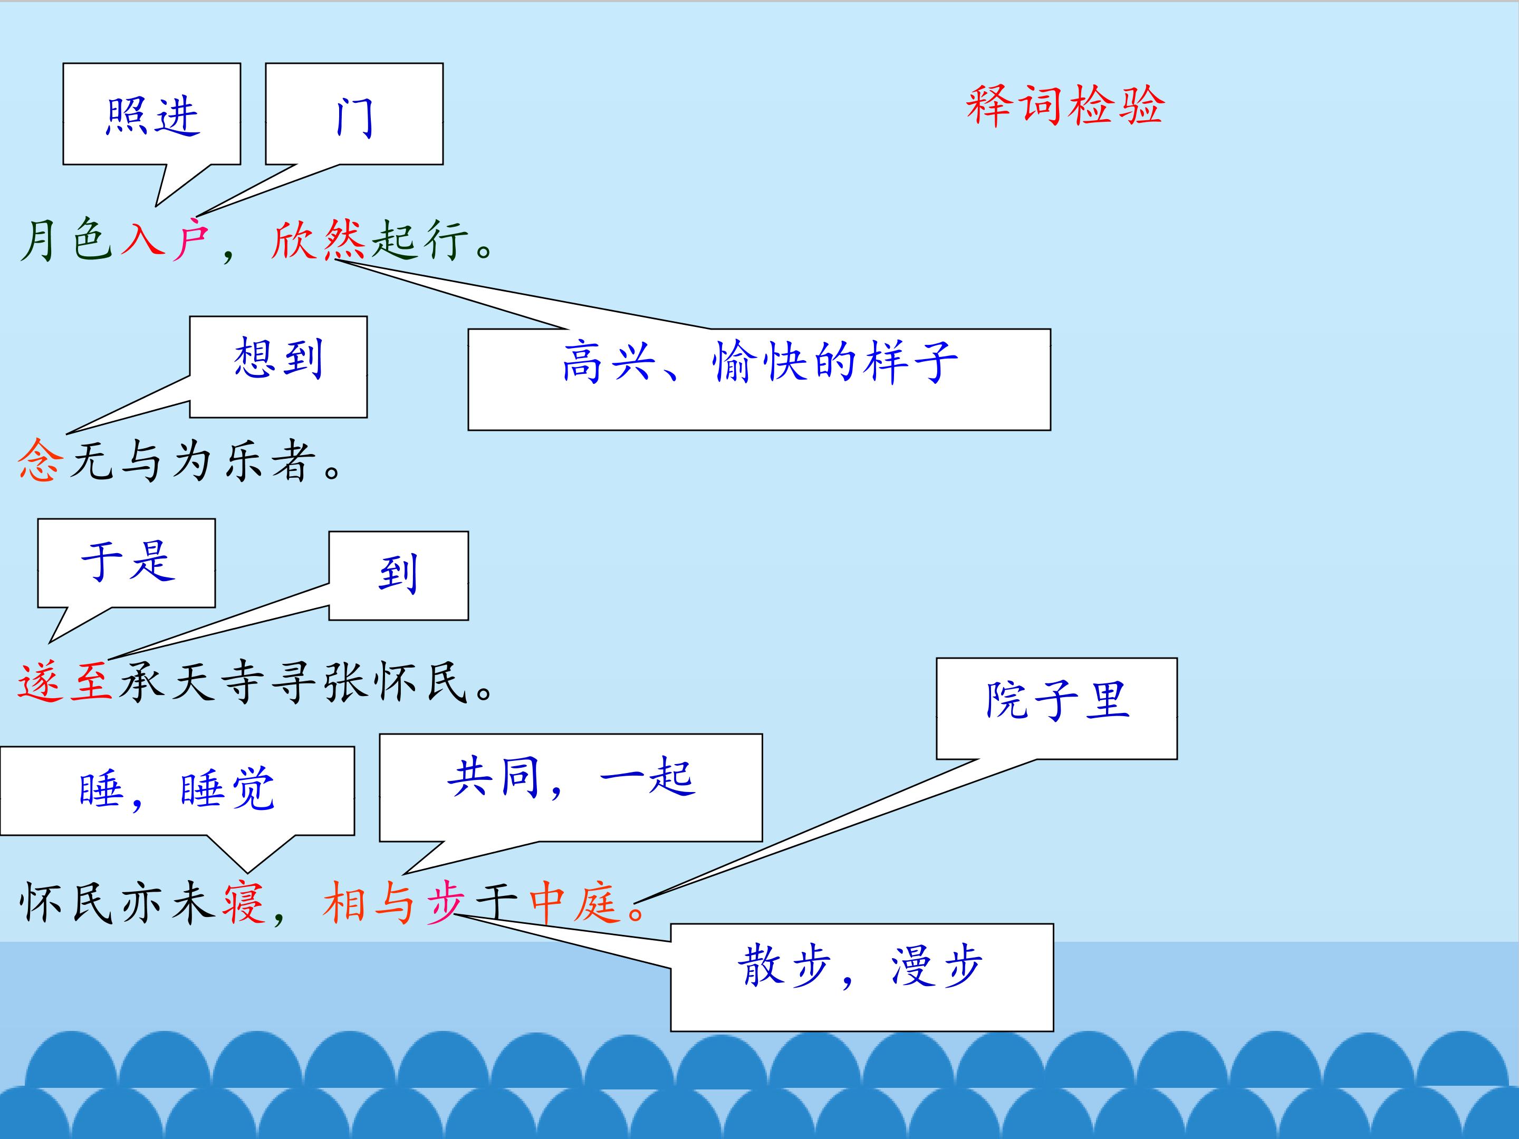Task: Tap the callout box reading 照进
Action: (x=152, y=114)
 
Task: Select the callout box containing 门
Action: (x=354, y=114)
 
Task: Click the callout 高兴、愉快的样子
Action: (x=759, y=379)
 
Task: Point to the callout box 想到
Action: (x=278, y=366)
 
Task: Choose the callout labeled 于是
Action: (x=127, y=563)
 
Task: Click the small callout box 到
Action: (x=398, y=575)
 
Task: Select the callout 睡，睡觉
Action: (x=177, y=791)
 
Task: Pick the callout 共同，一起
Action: (x=571, y=787)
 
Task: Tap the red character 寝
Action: (x=243, y=902)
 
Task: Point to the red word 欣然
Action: (x=318, y=240)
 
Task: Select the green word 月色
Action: (x=66, y=240)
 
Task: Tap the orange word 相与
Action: (x=369, y=902)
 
